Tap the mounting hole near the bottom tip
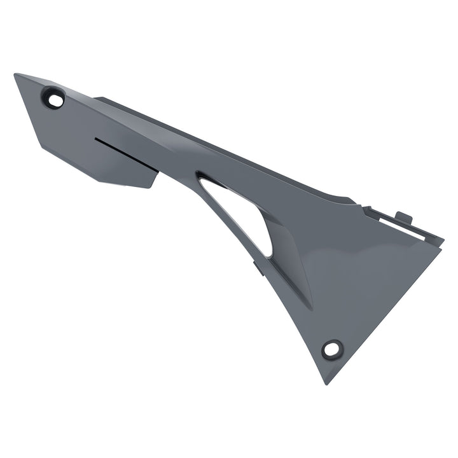coord(331,349)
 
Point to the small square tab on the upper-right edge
coord(403,217)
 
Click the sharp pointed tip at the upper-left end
coord(15,75)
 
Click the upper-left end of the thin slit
coord(95,138)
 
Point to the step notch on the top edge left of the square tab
coord(365,207)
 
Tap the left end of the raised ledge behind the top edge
coord(95,98)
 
